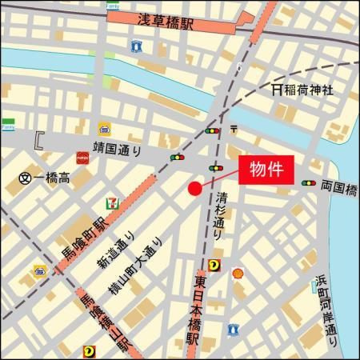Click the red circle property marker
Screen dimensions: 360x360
(x=194, y=188)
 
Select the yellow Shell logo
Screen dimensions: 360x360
(x=237, y=274)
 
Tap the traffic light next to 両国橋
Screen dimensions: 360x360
(x=309, y=183)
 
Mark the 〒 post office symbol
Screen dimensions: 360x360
(x=234, y=129)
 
